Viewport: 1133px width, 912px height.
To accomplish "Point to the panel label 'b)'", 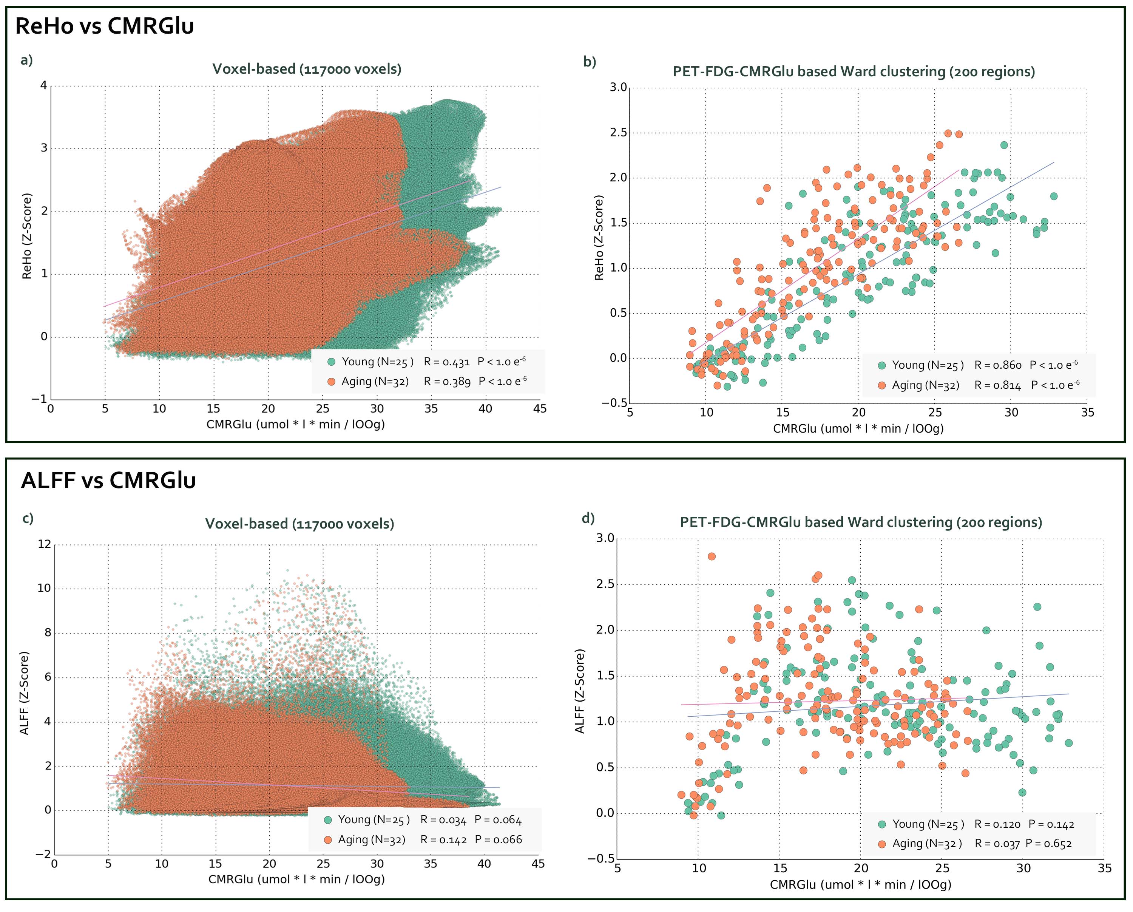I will pyautogui.click(x=590, y=62).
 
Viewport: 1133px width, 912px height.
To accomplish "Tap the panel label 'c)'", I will pyautogui.click(x=28, y=518).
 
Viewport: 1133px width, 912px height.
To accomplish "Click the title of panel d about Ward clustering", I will pyautogui.click(x=861, y=522).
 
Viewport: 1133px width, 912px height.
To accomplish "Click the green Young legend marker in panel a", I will pyautogui.click(x=331, y=362).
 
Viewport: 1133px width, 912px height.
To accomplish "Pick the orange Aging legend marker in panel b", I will pyautogui.click(x=882, y=385).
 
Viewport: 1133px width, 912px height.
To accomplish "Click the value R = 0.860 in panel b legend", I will pyautogui.click(x=998, y=365).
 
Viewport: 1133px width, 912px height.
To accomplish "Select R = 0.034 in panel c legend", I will pyautogui.click(x=443, y=819).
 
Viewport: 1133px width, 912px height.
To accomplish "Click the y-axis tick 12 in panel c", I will pyautogui.click(x=45, y=544).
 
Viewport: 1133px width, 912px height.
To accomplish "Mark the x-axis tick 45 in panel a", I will pyautogui.click(x=540, y=408).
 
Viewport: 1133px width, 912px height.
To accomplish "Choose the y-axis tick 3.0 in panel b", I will pyautogui.click(x=619, y=87).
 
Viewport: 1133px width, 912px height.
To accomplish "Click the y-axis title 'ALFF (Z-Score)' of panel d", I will pyautogui.click(x=580, y=691).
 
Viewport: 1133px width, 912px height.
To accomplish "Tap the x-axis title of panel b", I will pyautogui.click(x=858, y=428).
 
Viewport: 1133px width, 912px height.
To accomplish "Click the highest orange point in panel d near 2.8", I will pyautogui.click(x=712, y=556).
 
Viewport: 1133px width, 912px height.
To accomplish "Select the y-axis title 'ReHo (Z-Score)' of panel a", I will pyautogui.click(x=27, y=236).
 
